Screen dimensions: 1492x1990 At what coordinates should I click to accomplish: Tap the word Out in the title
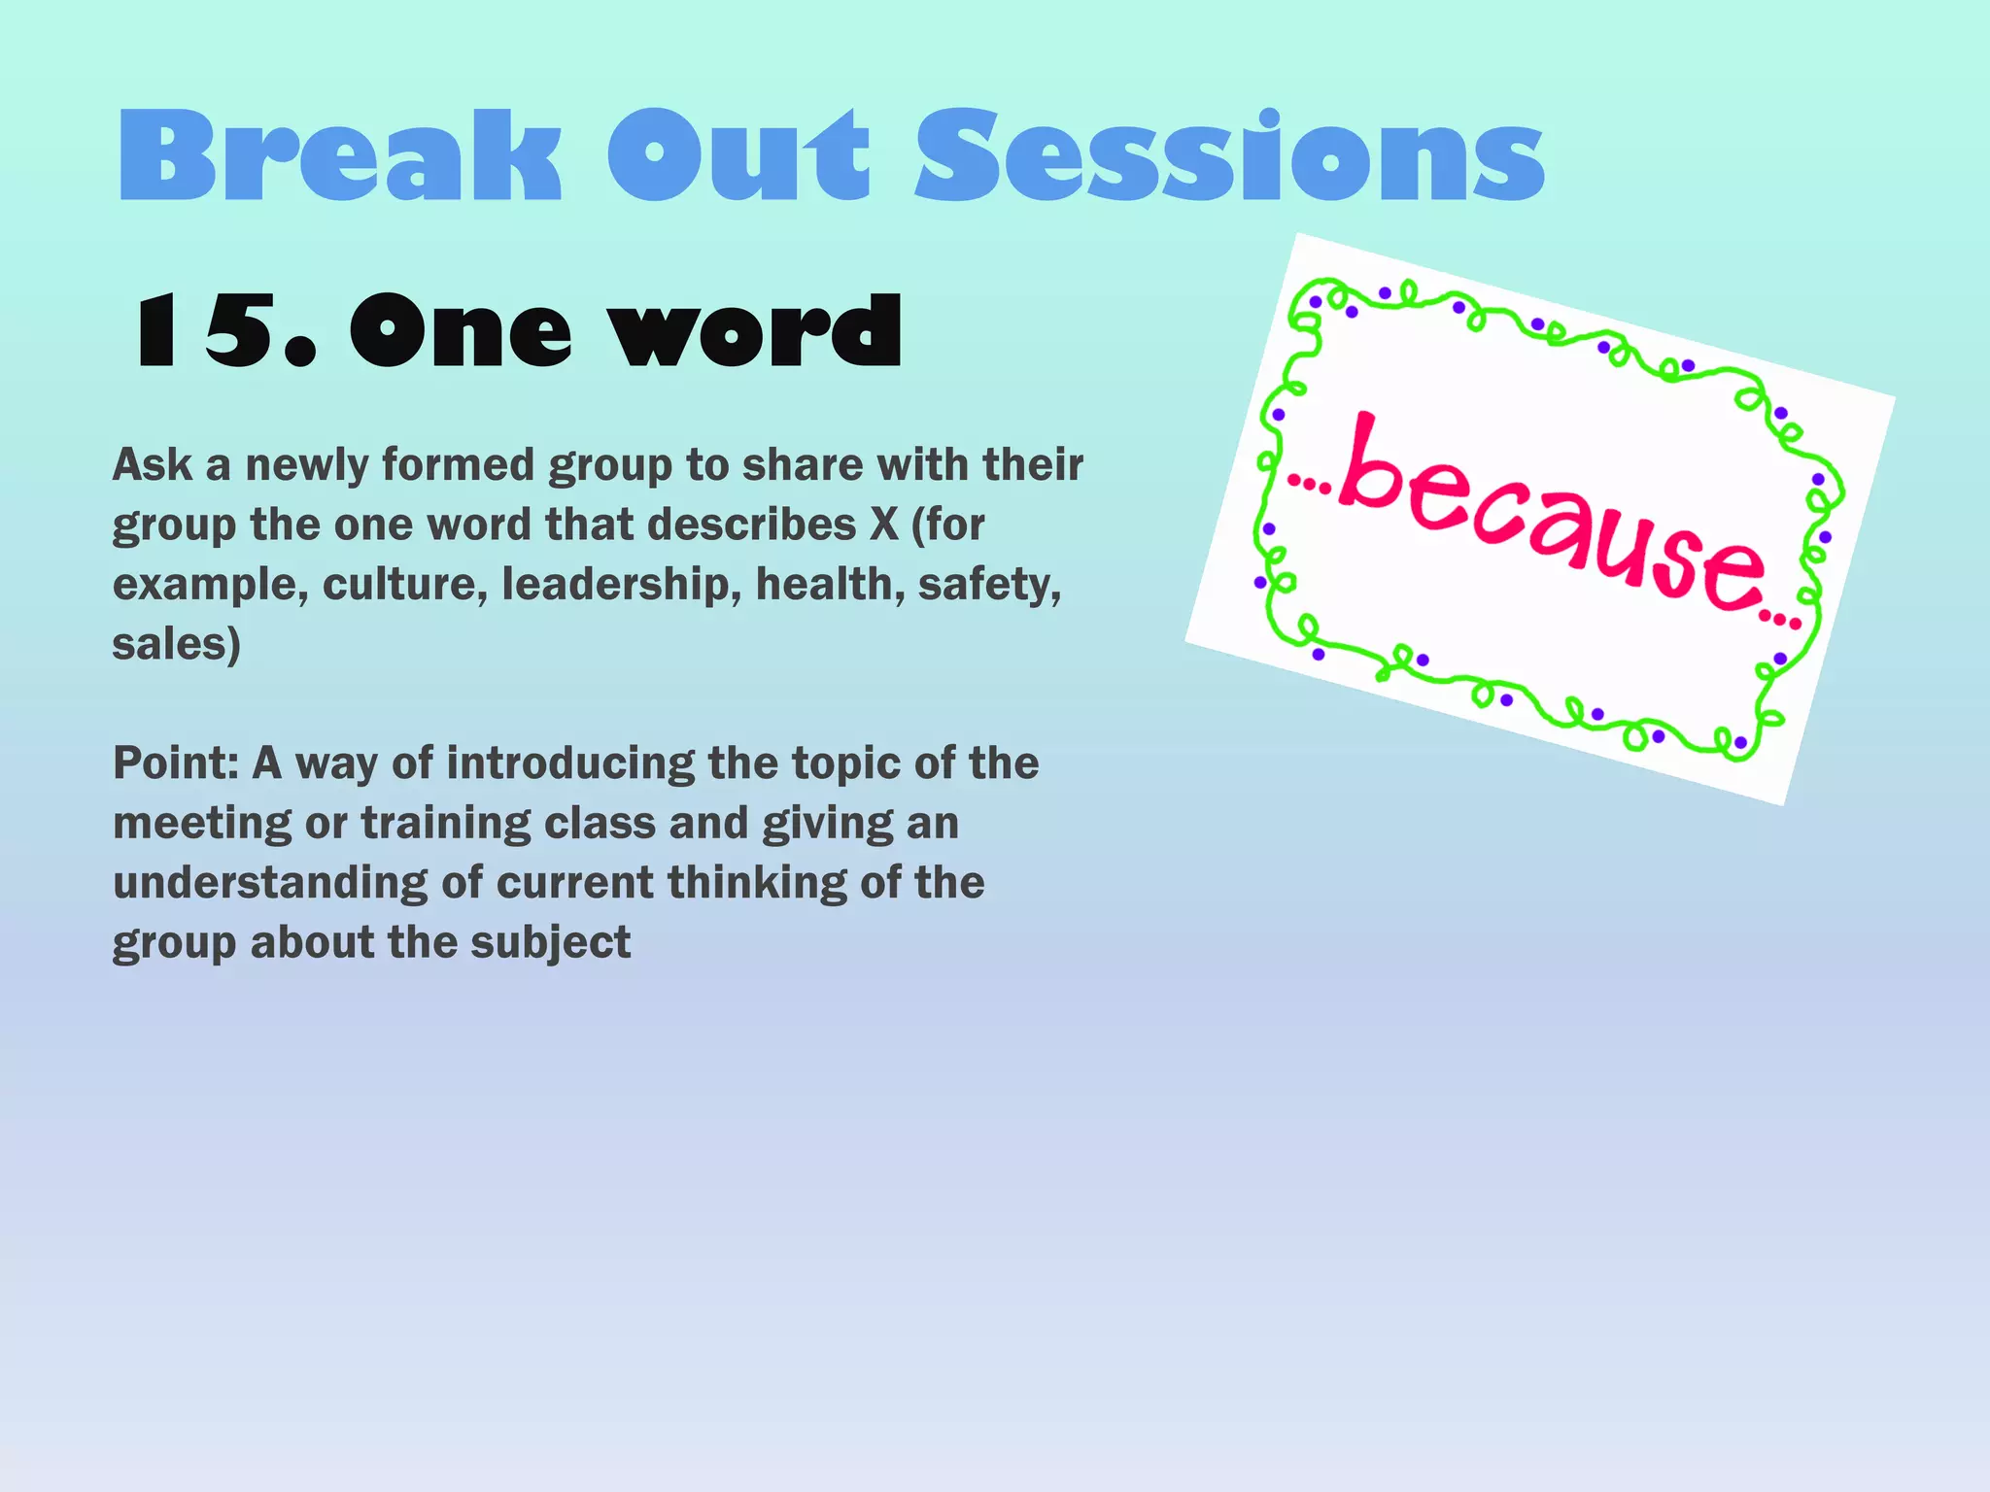(x=738, y=155)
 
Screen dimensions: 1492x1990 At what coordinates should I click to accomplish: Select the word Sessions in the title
(x=1229, y=155)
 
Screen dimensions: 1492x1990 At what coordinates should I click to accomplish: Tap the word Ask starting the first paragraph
(x=153, y=464)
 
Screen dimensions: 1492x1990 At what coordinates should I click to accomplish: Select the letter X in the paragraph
(x=883, y=525)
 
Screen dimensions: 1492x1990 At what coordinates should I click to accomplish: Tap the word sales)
(x=176, y=644)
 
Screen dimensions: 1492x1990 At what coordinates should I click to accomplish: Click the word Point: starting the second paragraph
(x=176, y=763)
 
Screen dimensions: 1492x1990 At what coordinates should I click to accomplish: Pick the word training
(x=445, y=824)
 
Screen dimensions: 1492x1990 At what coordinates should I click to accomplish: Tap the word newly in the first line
(x=306, y=464)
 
